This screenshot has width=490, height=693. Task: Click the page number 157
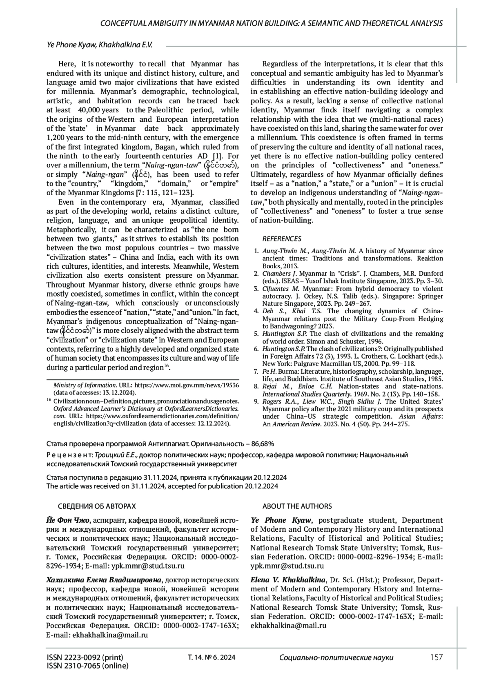[x=436, y=657]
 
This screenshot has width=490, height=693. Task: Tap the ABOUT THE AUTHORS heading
[x=297, y=506]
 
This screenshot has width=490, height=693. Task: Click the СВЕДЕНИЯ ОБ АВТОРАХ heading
[x=97, y=506]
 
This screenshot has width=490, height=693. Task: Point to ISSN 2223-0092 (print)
[x=85, y=657]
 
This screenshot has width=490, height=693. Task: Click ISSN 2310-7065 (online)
[x=87, y=666]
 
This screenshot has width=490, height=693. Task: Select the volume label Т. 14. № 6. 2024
[x=211, y=657]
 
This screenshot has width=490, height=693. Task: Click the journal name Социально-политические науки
[x=336, y=657]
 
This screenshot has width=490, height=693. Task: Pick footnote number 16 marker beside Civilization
[x=49, y=400]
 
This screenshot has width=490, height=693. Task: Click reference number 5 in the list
[x=256, y=333]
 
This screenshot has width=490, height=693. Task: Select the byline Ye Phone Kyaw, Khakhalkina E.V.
[x=100, y=45]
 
